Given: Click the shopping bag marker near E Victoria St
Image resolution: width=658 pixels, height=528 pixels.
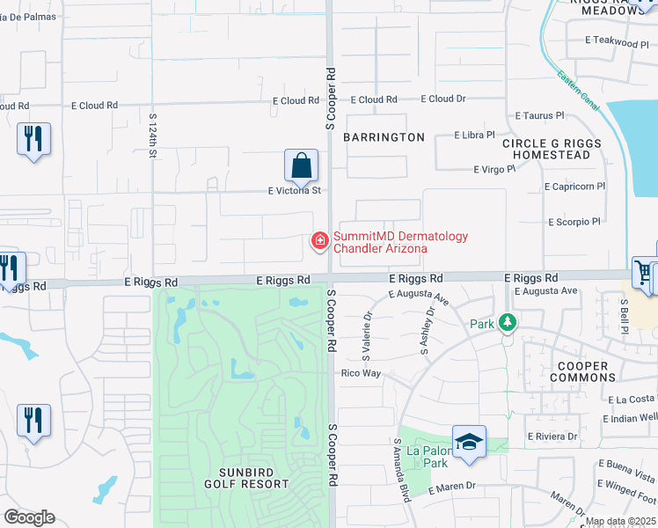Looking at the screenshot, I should [x=301, y=165].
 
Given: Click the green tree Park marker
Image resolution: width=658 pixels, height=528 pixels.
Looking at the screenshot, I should [x=507, y=324].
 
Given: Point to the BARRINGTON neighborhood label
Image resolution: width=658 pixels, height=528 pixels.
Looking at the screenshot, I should [x=384, y=137].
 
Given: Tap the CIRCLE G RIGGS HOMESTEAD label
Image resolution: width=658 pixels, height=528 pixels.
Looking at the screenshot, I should [x=552, y=149].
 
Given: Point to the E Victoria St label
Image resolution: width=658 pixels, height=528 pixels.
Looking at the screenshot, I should [x=295, y=190].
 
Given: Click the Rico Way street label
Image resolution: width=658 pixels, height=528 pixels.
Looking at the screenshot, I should [x=361, y=373].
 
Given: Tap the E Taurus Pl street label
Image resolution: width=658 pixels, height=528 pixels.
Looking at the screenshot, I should [x=539, y=115].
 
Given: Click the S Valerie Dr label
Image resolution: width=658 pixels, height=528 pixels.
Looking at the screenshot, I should [x=366, y=334].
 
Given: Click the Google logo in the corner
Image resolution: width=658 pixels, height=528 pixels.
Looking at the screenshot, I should [x=29, y=517].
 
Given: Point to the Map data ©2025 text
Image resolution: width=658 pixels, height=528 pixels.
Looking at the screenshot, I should [x=620, y=522].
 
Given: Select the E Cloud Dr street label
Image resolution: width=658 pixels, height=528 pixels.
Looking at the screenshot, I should [x=443, y=99].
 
